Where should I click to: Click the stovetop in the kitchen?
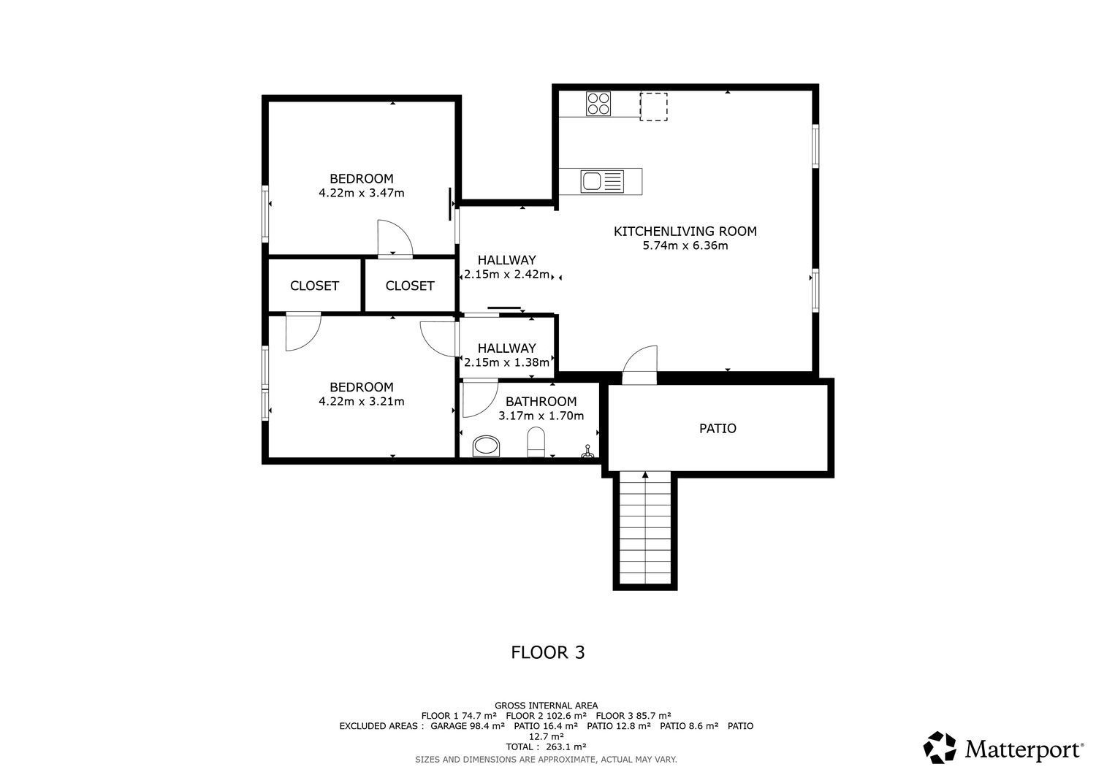[598, 104]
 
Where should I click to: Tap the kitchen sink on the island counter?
[602, 181]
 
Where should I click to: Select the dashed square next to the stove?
[654, 107]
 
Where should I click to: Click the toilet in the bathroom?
[536, 442]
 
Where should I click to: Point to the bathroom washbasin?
[487, 446]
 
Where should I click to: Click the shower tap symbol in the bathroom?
[588, 451]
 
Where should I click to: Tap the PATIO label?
[718, 429]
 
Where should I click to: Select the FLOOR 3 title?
[547, 652]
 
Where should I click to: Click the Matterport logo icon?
[940, 747]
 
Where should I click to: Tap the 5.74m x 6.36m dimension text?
[685, 245]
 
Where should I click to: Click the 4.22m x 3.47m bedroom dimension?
[362, 193]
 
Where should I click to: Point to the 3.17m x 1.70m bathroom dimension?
[541, 416]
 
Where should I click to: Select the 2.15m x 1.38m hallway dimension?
[507, 362]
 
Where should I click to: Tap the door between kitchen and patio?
[640, 364]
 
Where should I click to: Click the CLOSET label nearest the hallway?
[409, 286]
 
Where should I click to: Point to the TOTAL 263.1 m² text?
[546, 747]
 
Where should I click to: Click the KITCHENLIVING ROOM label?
[685, 232]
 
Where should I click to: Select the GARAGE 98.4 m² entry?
[468, 726]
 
